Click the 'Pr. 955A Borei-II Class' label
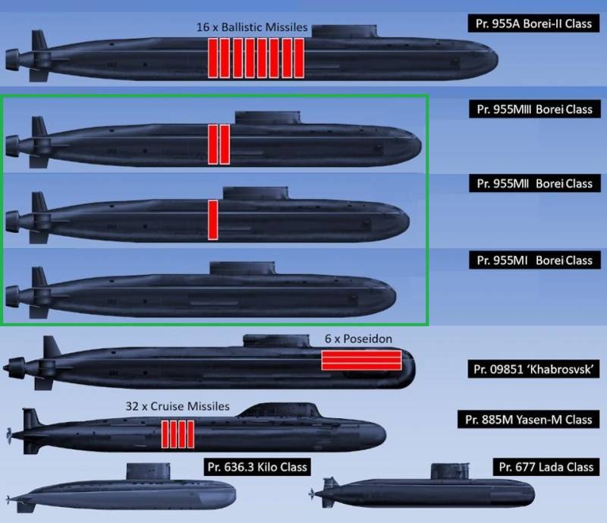click(533, 24)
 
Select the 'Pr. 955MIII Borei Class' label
click(535, 109)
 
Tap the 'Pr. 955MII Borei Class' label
click(535, 183)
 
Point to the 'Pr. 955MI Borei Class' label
click(535, 260)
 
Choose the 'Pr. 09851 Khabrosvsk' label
click(533, 369)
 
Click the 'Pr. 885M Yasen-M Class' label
click(528, 420)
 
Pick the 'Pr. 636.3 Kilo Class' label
click(257, 467)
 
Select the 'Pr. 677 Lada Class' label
click(546, 467)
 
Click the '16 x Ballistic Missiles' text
click(252, 27)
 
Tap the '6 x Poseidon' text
click(358, 339)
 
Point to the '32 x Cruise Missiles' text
click(178, 406)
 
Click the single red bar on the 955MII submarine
click(213, 219)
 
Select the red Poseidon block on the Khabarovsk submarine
click(362, 361)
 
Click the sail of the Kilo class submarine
click(148, 471)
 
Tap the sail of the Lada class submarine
click(451, 471)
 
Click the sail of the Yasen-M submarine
click(279, 410)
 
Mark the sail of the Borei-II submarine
click(344, 31)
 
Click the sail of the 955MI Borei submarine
click(242, 268)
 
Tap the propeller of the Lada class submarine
click(311, 493)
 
